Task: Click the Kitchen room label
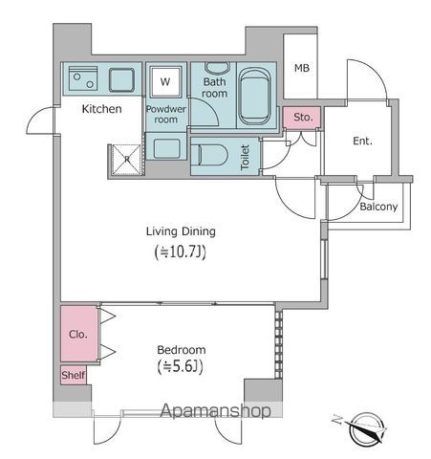(x=101, y=109)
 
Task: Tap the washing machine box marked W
(x=165, y=82)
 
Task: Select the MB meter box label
(x=302, y=68)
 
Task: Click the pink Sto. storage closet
(x=303, y=118)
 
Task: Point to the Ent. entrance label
(x=362, y=142)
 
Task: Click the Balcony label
(x=379, y=207)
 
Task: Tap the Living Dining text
(x=181, y=230)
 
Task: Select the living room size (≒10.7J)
(x=180, y=253)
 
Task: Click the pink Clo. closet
(x=77, y=336)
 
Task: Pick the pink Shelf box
(x=74, y=375)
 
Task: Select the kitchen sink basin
(x=123, y=77)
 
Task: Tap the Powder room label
(x=166, y=115)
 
